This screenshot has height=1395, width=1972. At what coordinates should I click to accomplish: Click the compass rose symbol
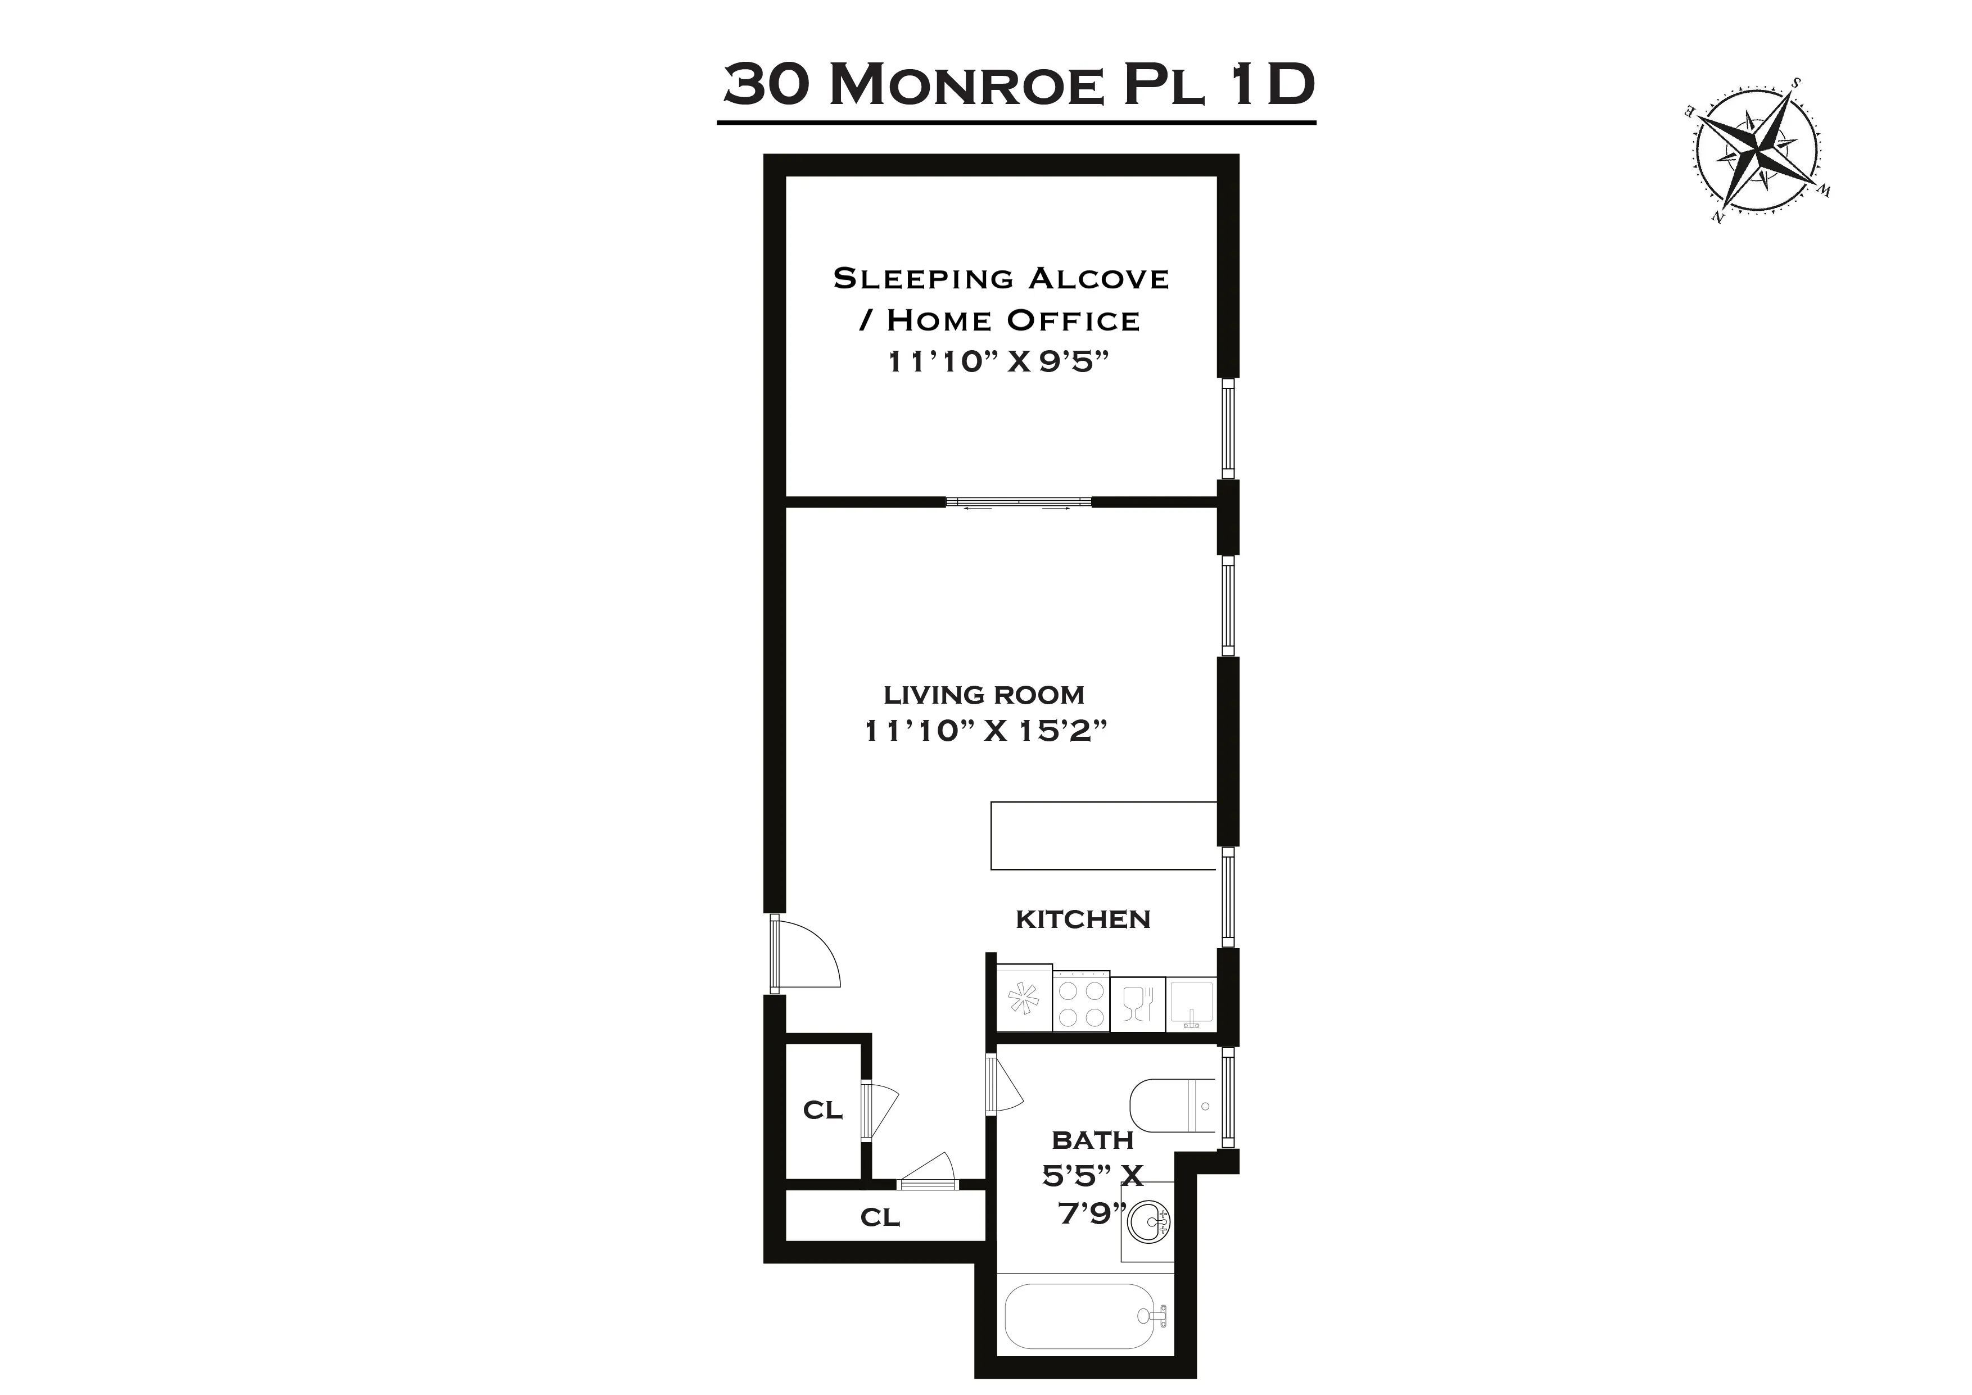1757,160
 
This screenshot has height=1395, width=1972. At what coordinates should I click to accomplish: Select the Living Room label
984,694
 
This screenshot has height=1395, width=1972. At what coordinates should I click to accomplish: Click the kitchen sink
1191,1003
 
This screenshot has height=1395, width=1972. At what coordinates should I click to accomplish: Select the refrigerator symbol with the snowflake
1024,999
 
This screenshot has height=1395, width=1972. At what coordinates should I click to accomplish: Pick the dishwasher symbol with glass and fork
1137,1003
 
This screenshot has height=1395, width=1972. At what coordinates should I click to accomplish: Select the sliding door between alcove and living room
1019,502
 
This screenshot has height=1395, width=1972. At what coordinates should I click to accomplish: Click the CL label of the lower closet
880,1217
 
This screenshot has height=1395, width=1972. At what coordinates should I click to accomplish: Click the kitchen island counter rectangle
1103,836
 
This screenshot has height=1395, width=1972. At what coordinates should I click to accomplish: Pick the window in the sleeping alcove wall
1228,429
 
